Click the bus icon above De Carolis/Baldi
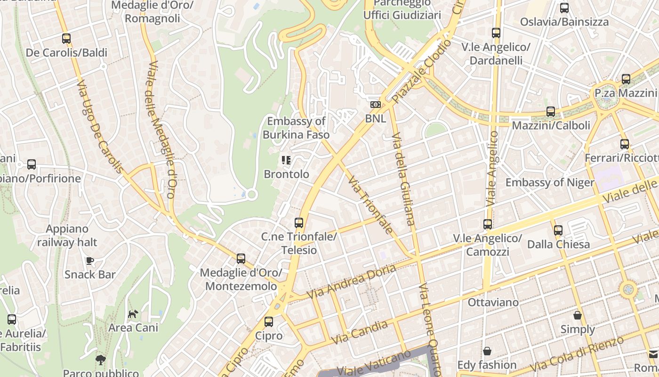click(x=66, y=39)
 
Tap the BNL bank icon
click(x=376, y=104)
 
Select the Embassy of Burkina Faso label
click(x=296, y=128)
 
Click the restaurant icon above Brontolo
click(x=286, y=160)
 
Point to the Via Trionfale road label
click(x=370, y=205)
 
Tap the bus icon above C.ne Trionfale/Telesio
click(x=299, y=222)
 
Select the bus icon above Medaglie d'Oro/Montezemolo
click(x=241, y=258)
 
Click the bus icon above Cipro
click(x=269, y=322)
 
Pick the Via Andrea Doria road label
click(x=345, y=282)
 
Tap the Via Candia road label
click(x=360, y=332)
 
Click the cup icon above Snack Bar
click(x=90, y=261)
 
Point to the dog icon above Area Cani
click(x=133, y=314)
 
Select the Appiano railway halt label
click(x=67, y=236)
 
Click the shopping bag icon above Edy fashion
click(x=487, y=351)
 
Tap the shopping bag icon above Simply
click(x=578, y=315)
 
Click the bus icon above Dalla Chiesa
click(x=558, y=230)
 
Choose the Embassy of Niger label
click(x=550, y=182)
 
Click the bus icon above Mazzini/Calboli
click(x=551, y=112)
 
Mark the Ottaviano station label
click(x=493, y=302)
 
